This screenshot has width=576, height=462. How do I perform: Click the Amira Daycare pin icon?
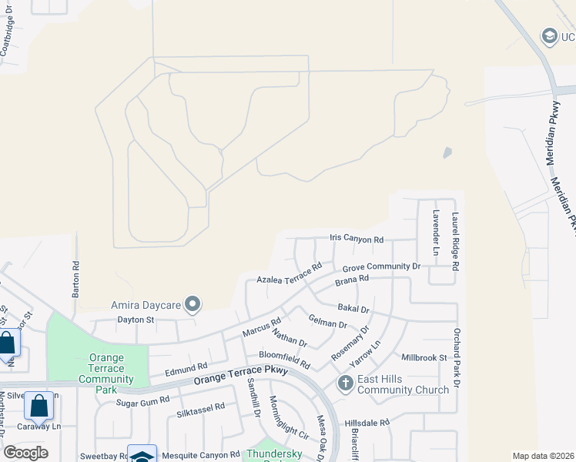click(193, 305)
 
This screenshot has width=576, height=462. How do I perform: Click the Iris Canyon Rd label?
click(357, 239)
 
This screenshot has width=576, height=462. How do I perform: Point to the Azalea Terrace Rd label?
click(289, 275)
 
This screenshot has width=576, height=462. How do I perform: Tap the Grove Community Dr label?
click(381, 266)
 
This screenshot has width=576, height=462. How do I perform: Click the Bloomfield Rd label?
click(283, 359)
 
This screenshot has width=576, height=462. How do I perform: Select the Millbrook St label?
click(424, 357)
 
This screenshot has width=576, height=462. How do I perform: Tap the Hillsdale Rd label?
click(368, 423)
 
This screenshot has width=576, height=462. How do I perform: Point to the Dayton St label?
click(136, 319)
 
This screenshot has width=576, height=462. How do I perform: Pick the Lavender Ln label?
click(435, 233)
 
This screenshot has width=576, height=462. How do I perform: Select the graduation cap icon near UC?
click(549, 35)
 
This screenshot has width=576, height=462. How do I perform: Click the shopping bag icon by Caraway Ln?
click(39, 404)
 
